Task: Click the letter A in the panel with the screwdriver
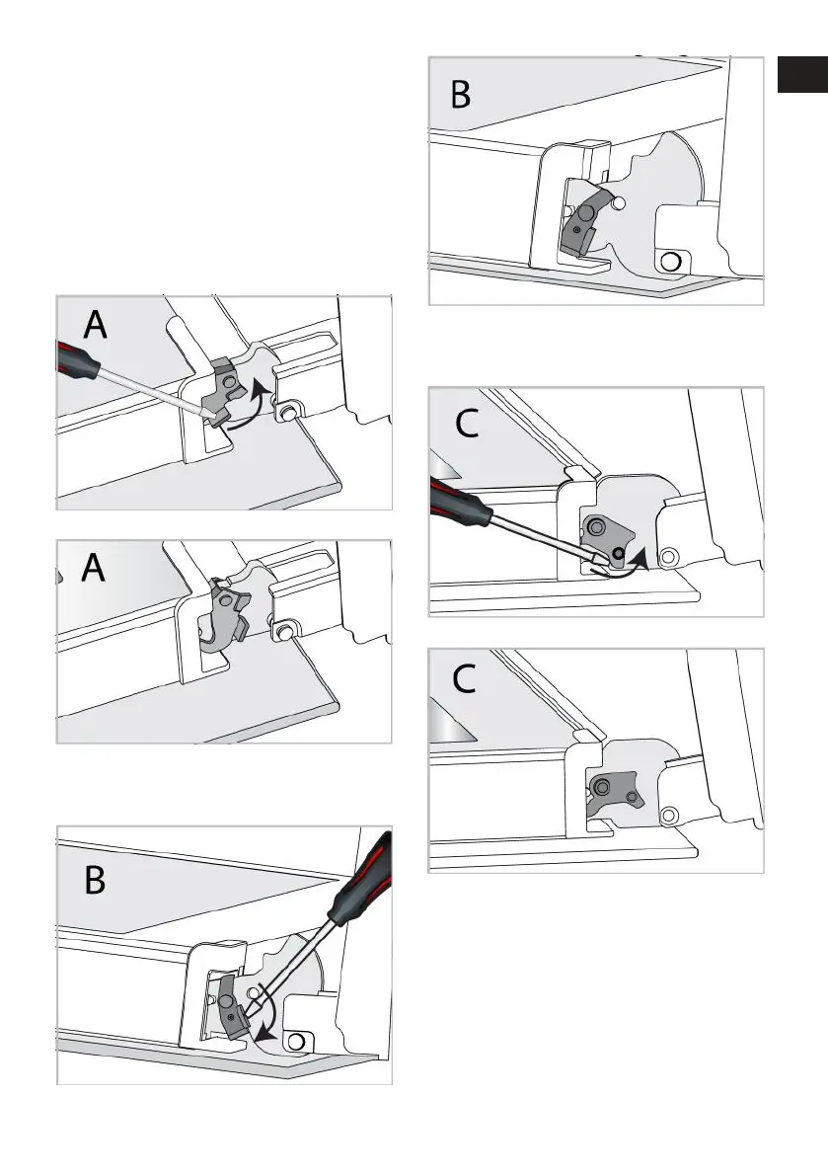click(x=95, y=325)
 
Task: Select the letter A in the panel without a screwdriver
click(x=93, y=568)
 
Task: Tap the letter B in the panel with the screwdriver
click(x=95, y=881)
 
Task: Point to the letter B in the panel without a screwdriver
click(x=460, y=95)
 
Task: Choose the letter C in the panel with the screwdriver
click(x=467, y=425)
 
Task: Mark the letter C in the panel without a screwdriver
click(x=464, y=679)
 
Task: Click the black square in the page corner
click(x=802, y=73)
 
